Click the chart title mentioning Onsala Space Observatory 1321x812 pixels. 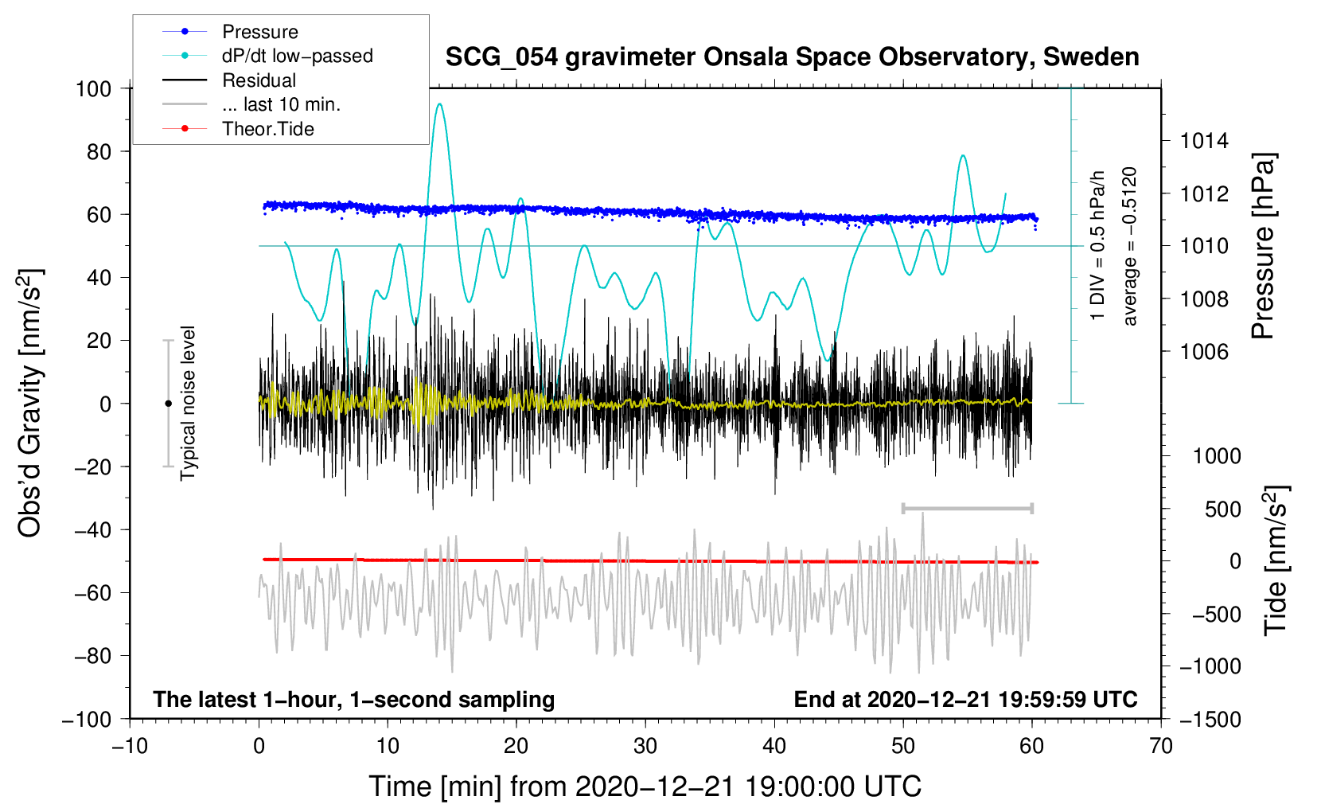(x=792, y=57)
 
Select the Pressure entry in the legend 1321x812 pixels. (x=259, y=32)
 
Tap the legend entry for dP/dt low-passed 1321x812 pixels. (x=297, y=56)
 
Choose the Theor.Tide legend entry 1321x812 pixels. (x=267, y=129)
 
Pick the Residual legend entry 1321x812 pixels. (x=259, y=80)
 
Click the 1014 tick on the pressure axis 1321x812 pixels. (x=1204, y=141)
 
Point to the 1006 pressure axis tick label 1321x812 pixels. (x=1204, y=351)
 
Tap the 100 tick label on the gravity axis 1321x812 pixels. (x=93, y=88)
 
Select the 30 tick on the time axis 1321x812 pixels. (x=645, y=746)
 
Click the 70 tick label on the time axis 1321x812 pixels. (x=1161, y=746)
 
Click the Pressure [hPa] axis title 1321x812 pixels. (x=1263, y=246)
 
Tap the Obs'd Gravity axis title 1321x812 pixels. (x=29, y=403)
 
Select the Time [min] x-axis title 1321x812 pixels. (x=645, y=787)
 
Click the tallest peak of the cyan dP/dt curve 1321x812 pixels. (x=439, y=103)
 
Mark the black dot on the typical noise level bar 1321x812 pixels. (x=168, y=404)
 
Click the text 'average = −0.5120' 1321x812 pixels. (x=1130, y=246)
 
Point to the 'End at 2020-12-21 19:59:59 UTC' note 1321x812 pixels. (x=965, y=699)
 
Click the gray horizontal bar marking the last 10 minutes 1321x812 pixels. (x=967, y=508)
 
